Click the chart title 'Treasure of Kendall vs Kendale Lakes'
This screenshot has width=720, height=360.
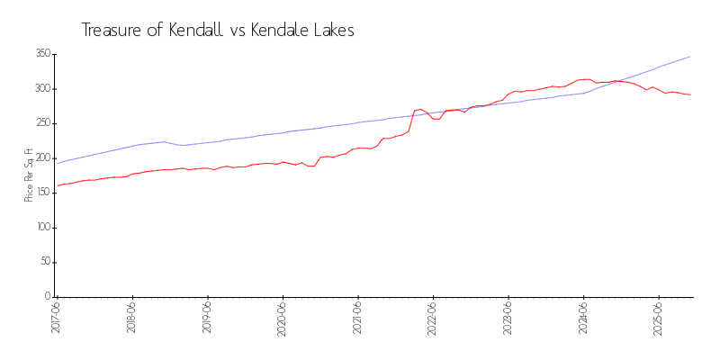pyautogui.click(x=218, y=31)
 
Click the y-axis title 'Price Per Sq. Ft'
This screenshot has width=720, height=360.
pyautogui.click(x=29, y=175)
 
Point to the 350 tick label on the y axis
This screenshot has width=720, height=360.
pyautogui.click(x=42, y=54)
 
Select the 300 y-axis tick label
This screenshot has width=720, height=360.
pyautogui.click(x=42, y=89)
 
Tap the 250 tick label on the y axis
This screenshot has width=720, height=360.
pyautogui.click(x=42, y=123)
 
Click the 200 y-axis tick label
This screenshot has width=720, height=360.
pyautogui.click(x=42, y=158)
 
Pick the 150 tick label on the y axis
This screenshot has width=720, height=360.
pyautogui.click(x=42, y=193)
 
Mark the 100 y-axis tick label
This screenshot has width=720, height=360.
pyautogui.click(x=42, y=228)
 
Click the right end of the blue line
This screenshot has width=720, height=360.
pyautogui.click(x=690, y=57)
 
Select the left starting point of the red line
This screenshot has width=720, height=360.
pyautogui.click(x=57, y=186)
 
